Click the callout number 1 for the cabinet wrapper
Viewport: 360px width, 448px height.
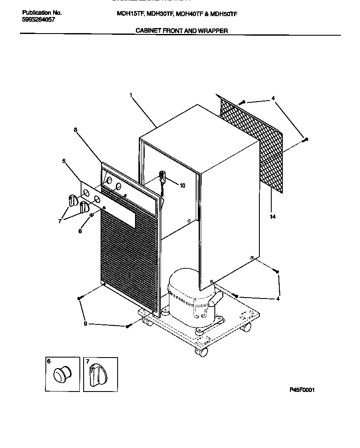point(131,96)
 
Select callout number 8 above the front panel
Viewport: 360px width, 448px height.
point(75,130)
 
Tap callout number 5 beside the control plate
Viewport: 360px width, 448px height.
point(64,161)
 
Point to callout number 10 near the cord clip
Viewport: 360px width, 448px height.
point(183,186)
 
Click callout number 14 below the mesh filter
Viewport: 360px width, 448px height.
point(272,217)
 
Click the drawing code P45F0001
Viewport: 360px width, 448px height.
point(302,390)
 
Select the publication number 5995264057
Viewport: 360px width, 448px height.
point(38,20)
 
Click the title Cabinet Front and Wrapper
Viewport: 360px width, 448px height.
point(181,31)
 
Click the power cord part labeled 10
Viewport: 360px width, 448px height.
point(162,177)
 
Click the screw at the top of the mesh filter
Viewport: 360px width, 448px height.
point(242,102)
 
